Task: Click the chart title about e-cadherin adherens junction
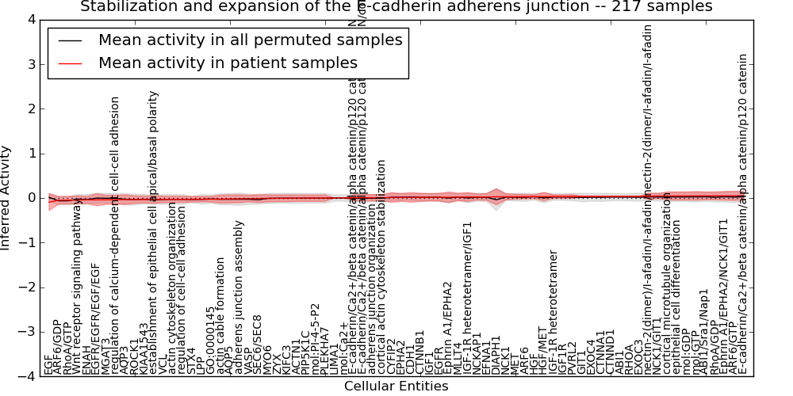click(396, 7)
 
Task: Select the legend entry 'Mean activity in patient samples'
click(228, 63)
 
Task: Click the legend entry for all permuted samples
click(250, 40)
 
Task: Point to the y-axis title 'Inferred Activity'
click(6, 197)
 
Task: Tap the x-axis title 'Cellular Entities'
click(396, 386)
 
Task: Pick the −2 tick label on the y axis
click(27, 287)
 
